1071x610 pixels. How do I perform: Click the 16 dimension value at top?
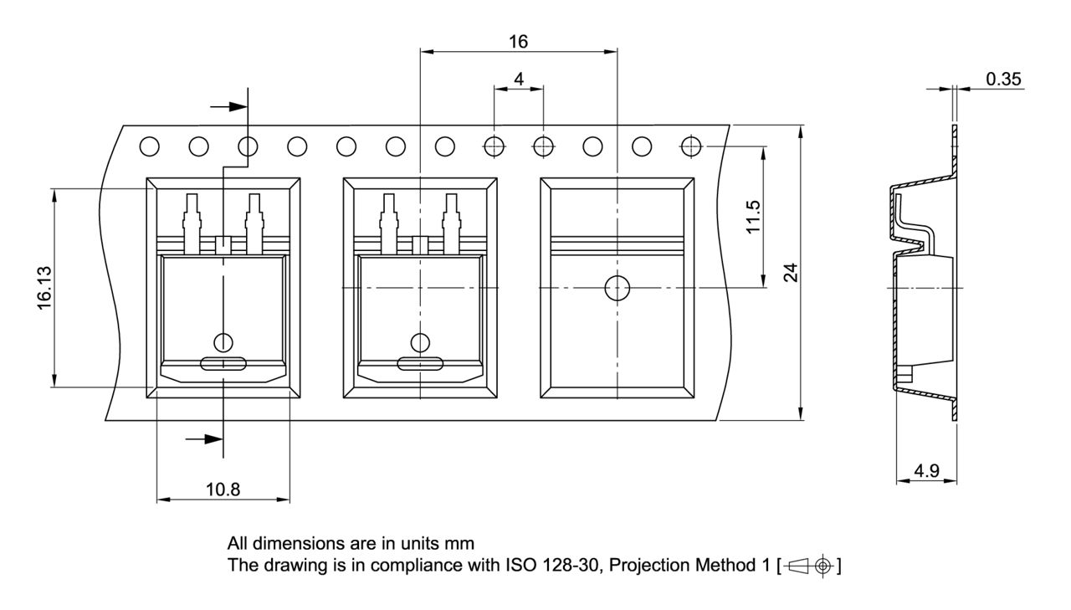click(519, 41)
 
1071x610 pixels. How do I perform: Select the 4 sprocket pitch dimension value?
click(519, 79)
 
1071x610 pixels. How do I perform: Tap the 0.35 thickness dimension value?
click(1003, 79)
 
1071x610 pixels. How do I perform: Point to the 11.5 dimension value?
click(753, 218)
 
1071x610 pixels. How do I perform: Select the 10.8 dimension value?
click(223, 490)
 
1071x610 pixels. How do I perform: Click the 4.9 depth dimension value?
click(925, 471)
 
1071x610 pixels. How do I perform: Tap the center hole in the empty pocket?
click(617, 288)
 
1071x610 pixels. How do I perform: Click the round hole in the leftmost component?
click(223, 341)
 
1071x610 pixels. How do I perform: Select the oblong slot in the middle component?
click(420, 363)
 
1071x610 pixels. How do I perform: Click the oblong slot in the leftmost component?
click(223, 363)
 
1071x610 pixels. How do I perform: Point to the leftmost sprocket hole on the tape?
click(149, 146)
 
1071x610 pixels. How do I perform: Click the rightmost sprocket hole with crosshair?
click(691, 146)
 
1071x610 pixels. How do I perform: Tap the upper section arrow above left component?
click(229, 106)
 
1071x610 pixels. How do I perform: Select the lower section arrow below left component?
click(205, 438)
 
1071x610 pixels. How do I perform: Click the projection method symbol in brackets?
click(808, 566)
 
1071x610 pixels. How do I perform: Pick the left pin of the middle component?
click(388, 222)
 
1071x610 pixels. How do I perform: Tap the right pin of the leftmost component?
click(254, 222)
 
